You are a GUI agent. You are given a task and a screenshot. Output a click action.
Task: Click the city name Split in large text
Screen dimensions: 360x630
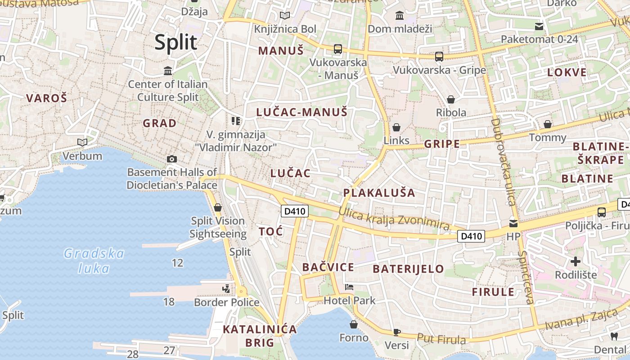tap(175, 42)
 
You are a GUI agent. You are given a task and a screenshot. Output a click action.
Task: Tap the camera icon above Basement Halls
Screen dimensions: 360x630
tap(171, 159)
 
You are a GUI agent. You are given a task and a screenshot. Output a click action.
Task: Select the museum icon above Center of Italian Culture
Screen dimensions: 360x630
tap(168, 71)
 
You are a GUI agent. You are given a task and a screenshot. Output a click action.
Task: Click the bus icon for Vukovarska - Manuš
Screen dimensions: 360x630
tap(337, 49)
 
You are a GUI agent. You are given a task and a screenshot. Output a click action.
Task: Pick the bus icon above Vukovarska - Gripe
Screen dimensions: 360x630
tap(439, 57)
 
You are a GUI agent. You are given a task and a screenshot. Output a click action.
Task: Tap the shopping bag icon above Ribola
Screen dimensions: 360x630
tap(450, 99)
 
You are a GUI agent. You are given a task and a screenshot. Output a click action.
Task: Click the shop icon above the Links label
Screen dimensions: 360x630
tap(396, 127)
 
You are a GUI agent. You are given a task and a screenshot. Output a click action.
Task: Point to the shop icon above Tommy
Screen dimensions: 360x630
tap(548, 124)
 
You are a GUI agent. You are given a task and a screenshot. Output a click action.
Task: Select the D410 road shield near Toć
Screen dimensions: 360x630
tap(295, 211)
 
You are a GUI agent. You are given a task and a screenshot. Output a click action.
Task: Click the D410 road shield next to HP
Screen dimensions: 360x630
tap(471, 236)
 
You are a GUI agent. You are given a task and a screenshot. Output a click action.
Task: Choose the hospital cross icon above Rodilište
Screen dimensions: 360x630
tap(576, 261)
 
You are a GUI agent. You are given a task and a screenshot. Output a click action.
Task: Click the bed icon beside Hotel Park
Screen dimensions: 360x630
tap(349, 287)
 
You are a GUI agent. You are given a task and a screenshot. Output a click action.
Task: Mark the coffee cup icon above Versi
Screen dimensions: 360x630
tap(396, 332)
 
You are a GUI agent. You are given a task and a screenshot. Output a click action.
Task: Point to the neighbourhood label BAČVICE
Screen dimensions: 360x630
tap(328, 267)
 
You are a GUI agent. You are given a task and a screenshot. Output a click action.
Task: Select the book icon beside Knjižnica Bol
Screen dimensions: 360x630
tap(284, 16)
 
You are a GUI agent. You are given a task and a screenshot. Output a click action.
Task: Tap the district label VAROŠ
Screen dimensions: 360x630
tap(46, 98)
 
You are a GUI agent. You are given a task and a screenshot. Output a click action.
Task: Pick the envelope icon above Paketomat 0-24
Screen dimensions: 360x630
tap(539, 27)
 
